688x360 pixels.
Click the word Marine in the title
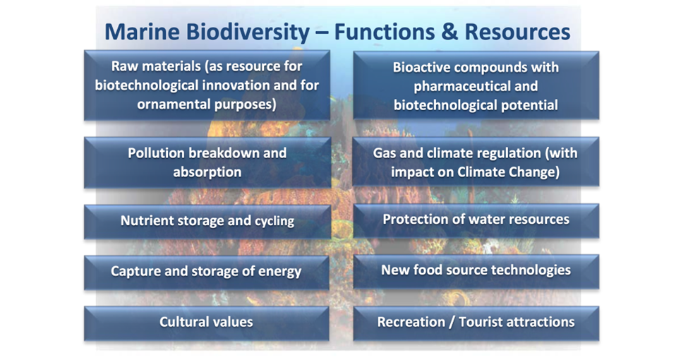pos(142,32)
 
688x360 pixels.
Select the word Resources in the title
pos(517,32)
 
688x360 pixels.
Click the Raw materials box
pos(207,85)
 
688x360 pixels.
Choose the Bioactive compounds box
pos(476,85)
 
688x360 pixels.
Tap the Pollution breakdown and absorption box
pos(207,162)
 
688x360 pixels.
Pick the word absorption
pos(207,172)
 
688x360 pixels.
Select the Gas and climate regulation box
pos(476,162)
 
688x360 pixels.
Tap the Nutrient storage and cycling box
pos(207,222)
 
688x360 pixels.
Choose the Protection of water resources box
pos(476,220)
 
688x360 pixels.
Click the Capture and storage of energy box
pos(207,272)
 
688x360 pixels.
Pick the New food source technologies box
pos(476,271)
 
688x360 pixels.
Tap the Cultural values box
pos(207,323)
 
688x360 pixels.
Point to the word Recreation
pos(411,322)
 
